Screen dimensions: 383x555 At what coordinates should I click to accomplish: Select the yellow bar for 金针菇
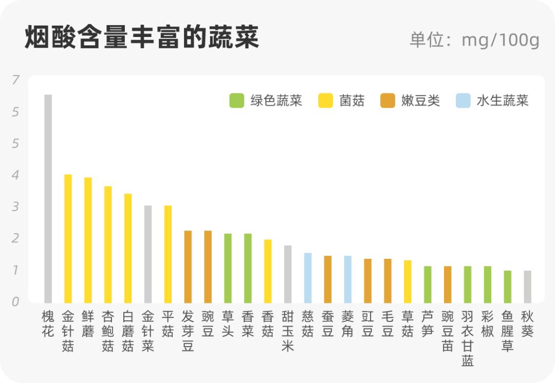[x=68, y=239]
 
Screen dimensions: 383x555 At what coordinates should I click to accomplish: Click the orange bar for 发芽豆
[x=188, y=267]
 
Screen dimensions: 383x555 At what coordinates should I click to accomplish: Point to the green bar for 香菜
[x=248, y=269]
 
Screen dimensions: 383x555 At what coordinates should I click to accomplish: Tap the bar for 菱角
[x=347, y=279]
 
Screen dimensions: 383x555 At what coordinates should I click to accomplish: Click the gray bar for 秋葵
[x=527, y=286]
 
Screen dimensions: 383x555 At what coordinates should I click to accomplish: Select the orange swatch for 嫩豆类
[x=387, y=101]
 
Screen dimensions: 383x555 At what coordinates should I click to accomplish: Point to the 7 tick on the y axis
[x=15, y=80]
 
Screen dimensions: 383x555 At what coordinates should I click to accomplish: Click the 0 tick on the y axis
[x=15, y=302]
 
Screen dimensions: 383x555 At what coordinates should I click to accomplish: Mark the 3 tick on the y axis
[x=15, y=207]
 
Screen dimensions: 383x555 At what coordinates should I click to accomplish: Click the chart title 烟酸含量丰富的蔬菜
[x=142, y=37]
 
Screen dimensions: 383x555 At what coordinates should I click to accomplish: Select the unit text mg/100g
[x=500, y=40]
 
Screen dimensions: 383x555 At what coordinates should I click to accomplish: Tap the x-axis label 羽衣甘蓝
[x=468, y=338]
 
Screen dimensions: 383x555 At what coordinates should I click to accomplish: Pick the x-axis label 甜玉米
[x=287, y=331]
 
